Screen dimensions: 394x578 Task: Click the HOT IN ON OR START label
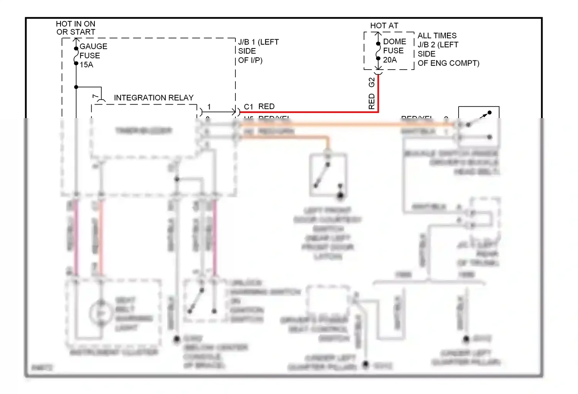(76, 28)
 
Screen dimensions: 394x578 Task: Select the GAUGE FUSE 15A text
(93, 55)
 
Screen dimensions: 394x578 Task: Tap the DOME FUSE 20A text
(394, 50)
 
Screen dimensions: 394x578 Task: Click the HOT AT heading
(384, 25)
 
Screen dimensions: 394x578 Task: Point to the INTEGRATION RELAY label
(153, 98)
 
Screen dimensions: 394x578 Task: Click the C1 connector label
(248, 107)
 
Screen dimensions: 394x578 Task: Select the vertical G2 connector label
(371, 82)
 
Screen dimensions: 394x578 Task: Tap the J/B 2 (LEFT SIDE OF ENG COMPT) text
(448, 49)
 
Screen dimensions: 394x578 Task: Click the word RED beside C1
(266, 106)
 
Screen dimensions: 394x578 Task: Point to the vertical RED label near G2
(371, 101)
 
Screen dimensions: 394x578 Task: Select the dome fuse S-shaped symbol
(378, 51)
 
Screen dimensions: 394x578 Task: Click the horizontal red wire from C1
(308, 112)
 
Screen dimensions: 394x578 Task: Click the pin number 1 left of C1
(209, 107)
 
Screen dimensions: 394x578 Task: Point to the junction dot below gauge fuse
(76, 87)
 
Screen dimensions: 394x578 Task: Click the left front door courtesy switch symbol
(328, 175)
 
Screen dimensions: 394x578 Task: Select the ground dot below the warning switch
(176, 339)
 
